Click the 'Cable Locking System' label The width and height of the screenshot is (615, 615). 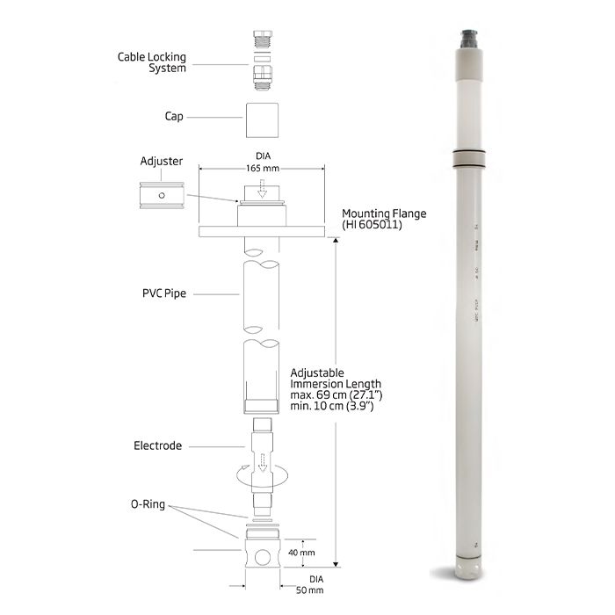tap(151, 62)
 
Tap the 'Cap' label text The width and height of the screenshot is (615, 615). tap(173, 116)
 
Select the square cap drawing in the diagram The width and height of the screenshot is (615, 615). tap(261, 117)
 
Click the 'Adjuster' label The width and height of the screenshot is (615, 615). tap(161, 162)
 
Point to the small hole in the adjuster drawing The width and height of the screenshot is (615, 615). tap(160, 195)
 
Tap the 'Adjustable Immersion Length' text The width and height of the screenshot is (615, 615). tap(336, 379)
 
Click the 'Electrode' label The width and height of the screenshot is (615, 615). tap(157, 445)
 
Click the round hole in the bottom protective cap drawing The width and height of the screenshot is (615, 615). tap(261, 556)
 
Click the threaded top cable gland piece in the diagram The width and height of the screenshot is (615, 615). tap(261, 40)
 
